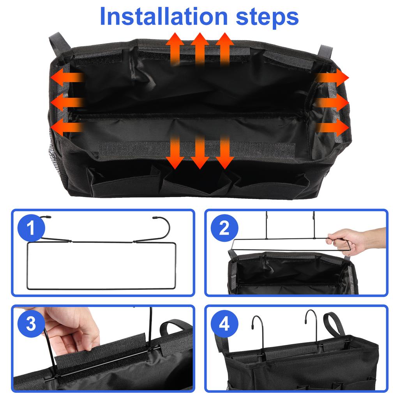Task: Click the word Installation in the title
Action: pyautogui.click(x=163, y=16)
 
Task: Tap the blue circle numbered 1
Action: pyautogui.click(x=31, y=228)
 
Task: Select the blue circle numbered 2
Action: pyautogui.click(x=224, y=228)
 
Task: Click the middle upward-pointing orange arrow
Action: pyautogui.click(x=200, y=48)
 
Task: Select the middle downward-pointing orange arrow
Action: pyautogui.click(x=200, y=152)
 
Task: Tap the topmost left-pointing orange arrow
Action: pyautogui.click(x=66, y=78)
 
